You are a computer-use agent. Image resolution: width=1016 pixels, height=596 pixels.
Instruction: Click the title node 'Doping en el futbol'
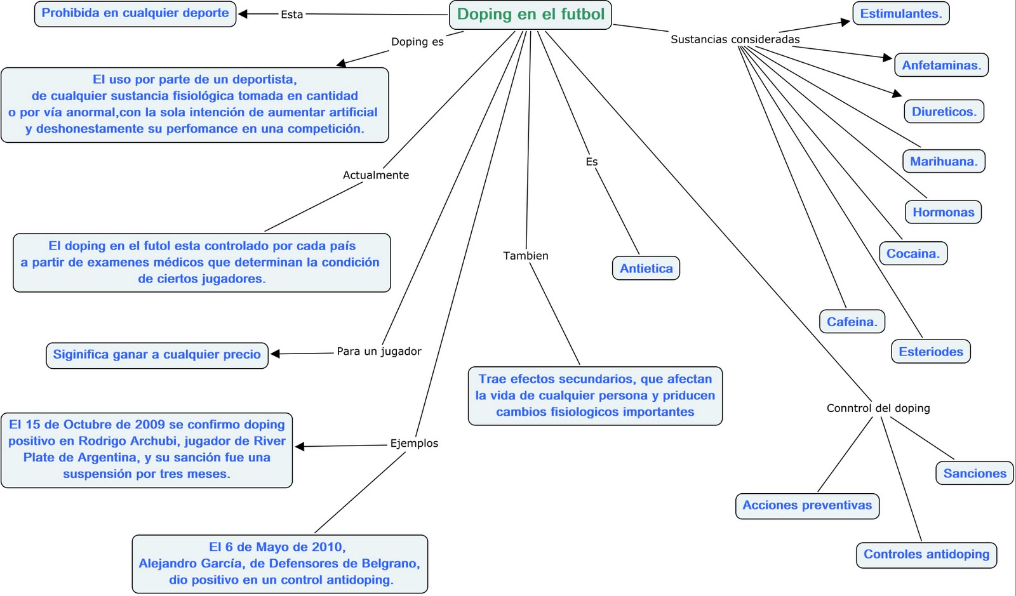click(530, 15)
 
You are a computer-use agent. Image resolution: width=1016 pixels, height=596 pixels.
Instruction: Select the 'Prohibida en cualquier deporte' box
click(135, 13)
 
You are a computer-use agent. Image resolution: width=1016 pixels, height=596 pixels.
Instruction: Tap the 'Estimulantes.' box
click(901, 13)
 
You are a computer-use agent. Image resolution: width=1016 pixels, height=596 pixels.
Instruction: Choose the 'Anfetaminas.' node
click(941, 65)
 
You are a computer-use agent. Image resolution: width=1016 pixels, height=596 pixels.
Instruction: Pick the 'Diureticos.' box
click(944, 112)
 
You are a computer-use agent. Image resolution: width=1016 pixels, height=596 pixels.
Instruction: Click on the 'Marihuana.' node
click(944, 161)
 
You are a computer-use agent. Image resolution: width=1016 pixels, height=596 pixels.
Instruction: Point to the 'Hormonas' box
click(943, 212)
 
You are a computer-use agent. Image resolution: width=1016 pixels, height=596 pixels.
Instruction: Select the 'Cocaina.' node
click(913, 253)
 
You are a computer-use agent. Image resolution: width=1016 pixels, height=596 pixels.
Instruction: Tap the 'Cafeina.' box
click(852, 322)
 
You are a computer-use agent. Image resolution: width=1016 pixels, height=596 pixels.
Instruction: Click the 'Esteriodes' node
click(931, 352)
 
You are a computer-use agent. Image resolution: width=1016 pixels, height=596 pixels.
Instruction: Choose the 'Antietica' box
click(646, 268)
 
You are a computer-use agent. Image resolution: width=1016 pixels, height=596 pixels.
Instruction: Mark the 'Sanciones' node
click(974, 473)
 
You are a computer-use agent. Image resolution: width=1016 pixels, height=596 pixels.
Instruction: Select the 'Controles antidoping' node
click(926, 555)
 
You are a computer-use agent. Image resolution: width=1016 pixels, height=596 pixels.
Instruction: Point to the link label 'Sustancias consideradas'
click(735, 39)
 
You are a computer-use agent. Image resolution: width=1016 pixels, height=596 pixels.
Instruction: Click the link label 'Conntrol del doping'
click(878, 408)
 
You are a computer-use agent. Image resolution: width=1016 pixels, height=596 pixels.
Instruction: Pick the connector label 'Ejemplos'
click(414, 443)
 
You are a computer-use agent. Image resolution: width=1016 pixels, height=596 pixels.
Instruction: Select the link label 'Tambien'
click(526, 256)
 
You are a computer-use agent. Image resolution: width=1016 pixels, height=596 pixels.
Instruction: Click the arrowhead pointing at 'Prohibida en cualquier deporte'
click(243, 14)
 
